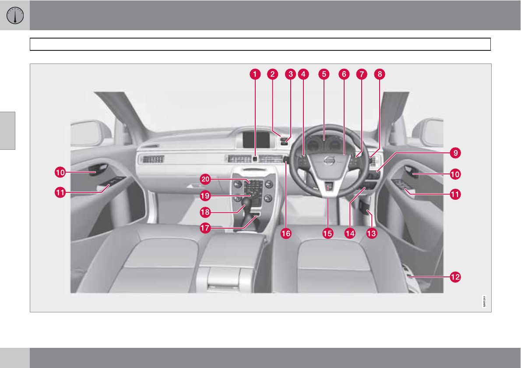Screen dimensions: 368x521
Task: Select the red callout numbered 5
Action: coord(324,74)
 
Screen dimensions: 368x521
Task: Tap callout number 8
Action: coord(380,74)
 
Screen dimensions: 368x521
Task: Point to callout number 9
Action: coord(455,153)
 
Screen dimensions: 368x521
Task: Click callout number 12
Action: coord(455,276)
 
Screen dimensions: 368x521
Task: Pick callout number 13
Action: coord(371,234)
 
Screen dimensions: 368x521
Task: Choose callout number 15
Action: coord(327,234)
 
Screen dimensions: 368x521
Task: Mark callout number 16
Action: coord(285,234)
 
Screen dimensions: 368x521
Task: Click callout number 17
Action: coord(205,228)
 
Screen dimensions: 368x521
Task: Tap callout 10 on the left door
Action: coord(60,173)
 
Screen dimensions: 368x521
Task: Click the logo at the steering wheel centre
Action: coord(328,161)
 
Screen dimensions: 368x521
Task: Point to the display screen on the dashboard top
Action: coord(257,139)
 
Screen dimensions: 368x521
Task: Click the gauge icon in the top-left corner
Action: coord(15,15)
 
